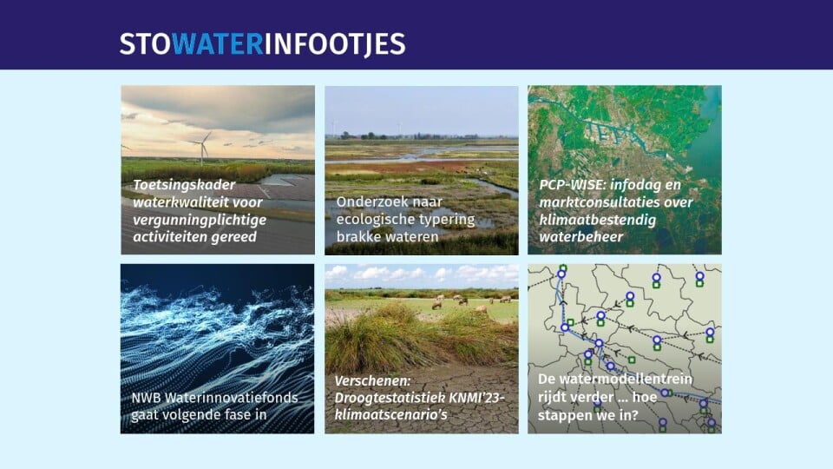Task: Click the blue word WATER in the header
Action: pyautogui.click(x=217, y=43)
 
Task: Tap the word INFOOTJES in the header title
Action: pyautogui.click(x=335, y=44)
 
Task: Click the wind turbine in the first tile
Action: pyautogui.click(x=203, y=148)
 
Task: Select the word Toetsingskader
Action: pyautogui.click(x=184, y=185)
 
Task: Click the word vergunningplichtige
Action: pyautogui.click(x=200, y=220)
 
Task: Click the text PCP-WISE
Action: pyautogui.click(x=571, y=184)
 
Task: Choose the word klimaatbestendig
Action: pyautogui.click(x=598, y=220)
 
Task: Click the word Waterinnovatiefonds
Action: pyautogui.click(x=232, y=397)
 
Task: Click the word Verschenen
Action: pyautogui.click(x=372, y=380)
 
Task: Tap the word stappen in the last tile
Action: pyautogui.click(x=565, y=415)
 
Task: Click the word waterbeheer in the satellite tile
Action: pyautogui.click(x=581, y=236)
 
